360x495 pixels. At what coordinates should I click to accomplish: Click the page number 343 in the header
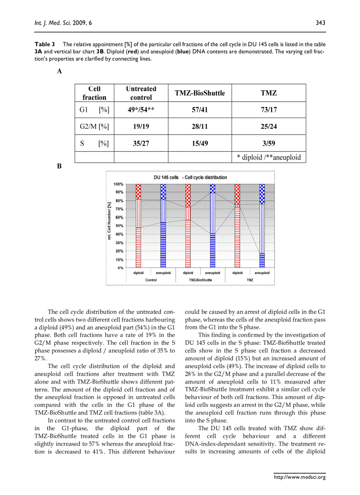pyautogui.click(x=320, y=22)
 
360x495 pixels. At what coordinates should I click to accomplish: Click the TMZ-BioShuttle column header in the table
pyautogui.click(x=200, y=93)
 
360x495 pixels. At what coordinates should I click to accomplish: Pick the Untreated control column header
pyautogui.click(x=141, y=93)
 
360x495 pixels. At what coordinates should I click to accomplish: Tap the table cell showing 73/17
pyautogui.click(x=269, y=110)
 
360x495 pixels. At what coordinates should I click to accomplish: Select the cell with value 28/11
pyautogui.click(x=200, y=127)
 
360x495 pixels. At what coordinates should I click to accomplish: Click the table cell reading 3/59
pyautogui.click(x=269, y=143)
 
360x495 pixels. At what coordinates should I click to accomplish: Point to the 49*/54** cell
pyautogui.click(x=141, y=110)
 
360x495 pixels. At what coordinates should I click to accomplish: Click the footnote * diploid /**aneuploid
pyautogui.click(x=269, y=157)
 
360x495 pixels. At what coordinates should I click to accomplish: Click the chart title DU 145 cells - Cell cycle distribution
pyautogui.click(x=190, y=177)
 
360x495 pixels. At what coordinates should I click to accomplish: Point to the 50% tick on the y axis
pyautogui.click(x=118, y=226)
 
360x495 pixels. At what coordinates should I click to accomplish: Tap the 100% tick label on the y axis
pyautogui.click(x=118, y=184)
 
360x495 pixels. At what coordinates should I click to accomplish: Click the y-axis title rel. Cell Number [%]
pyautogui.click(x=109, y=221)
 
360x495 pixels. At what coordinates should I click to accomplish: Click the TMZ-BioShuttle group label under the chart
pyautogui.click(x=200, y=280)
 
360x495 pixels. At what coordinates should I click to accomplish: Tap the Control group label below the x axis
pyautogui.click(x=151, y=280)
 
